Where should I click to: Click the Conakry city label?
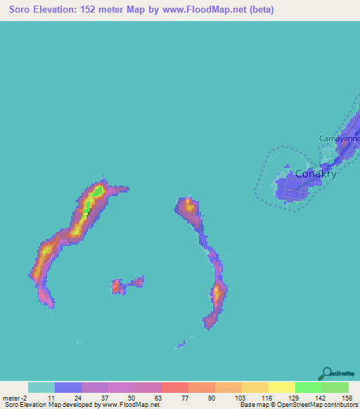pyautogui.click(x=315, y=174)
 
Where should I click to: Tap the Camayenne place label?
pyautogui.click(x=340, y=138)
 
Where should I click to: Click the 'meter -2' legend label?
pyautogui.click(x=15, y=397)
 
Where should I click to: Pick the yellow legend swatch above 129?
pyautogui.click(x=281, y=387)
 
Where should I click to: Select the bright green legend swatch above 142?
pyautogui.click(x=308, y=387)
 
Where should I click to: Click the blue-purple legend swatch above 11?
pyautogui.click(x=68, y=387)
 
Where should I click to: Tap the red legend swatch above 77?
pyautogui.click(x=174, y=387)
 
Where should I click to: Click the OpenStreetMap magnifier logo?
pyautogui.click(x=326, y=373)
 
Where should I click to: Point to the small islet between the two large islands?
pyautogui.click(x=127, y=285)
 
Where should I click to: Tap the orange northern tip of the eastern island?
pyautogui.click(x=188, y=206)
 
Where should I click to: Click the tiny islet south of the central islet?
pyautogui.click(x=79, y=342)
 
